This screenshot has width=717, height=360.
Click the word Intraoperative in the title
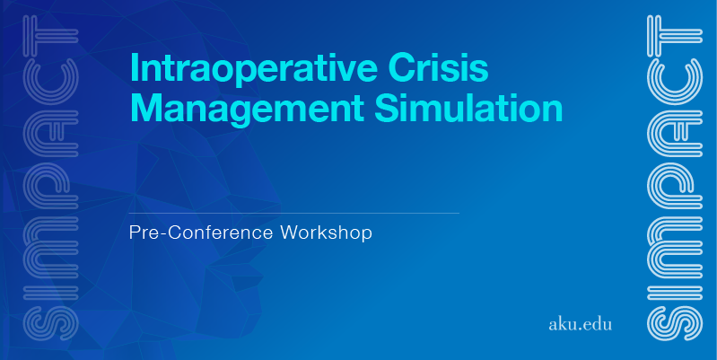click(x=254, y=68)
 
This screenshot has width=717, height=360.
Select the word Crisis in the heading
click(x=438, y=67)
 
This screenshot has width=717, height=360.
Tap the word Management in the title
click(x=247, y=109)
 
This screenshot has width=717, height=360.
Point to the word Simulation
click(x=468, y=108)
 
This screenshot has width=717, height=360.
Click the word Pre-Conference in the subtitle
click(x=202, y=233)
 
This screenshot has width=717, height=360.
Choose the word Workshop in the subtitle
click(x=326, y=233)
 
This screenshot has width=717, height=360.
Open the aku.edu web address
click(x=580, y=324)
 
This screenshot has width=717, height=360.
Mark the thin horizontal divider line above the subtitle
click(x=294, y=213)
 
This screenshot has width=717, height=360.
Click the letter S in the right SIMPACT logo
click(x=675, y=323)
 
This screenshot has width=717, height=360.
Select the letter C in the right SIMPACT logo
click(x=675, y=81)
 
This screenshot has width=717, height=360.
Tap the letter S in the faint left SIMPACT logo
click(x=51, y=323)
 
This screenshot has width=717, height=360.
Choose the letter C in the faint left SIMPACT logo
click(x=51, y=81)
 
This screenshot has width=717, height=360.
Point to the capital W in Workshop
click(x=289, y=233)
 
